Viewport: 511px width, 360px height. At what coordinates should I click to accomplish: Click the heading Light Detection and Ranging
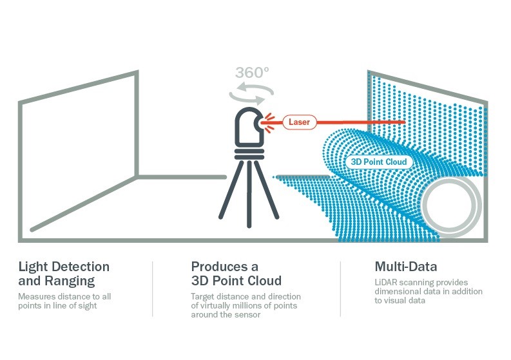click(64, 274)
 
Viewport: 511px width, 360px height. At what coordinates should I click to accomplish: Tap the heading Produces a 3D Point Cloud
click(236, 274)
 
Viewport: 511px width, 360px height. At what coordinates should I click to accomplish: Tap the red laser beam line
click(361, 122)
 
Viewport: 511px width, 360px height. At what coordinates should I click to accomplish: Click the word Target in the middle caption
click(204, 296)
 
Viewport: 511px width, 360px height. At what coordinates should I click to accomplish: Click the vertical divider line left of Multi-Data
click(340, 288)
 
